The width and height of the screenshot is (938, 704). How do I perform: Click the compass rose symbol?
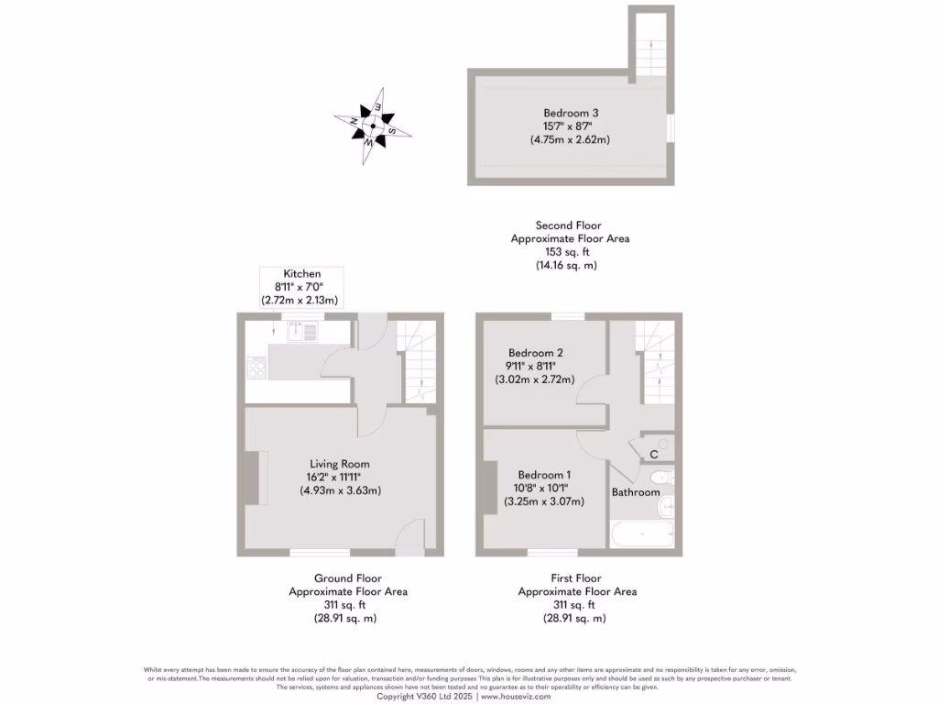pos(373,126)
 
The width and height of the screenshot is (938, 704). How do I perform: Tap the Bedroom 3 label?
pos(570,113)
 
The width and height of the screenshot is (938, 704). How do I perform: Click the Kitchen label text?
pos(301,274)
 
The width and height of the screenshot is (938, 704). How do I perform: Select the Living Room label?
pos(340,464)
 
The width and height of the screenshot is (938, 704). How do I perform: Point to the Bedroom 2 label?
pos(535,353)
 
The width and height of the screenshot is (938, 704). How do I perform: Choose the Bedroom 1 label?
pos(544,475)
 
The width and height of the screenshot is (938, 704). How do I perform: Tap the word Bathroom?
pos(636,492)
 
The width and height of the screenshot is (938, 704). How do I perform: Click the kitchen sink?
pos(302,332)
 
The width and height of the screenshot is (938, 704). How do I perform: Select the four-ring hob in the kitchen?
pos(256,369)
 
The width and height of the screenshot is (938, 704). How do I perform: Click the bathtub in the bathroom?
pos(641,533)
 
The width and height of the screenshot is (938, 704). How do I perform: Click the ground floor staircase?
pos(419,362)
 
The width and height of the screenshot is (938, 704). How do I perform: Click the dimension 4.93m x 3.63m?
pos(340,490)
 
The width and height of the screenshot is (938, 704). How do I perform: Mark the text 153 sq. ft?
pos(570,252)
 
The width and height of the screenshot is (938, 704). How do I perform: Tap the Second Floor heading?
pos(569,225)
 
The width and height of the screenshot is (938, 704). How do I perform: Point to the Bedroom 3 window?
pos(671,127)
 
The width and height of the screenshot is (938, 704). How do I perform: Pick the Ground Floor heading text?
pos(348,578)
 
